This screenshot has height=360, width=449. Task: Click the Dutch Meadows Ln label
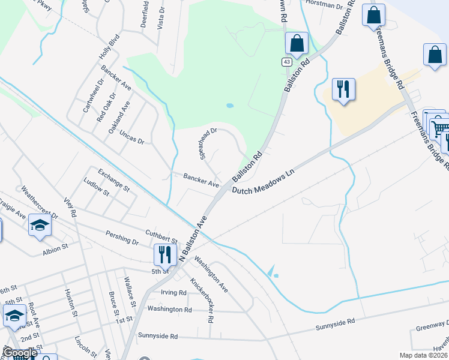[x=265, y=179]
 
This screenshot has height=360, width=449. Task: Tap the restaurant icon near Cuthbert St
[x=163, y=254]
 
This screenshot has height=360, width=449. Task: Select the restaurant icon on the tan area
[x=343, y=89]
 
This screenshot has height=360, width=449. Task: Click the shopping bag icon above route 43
[x=297, y=43]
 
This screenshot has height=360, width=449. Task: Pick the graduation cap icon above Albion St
[x=40, y=226]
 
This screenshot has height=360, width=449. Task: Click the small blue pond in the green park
[x=229, y=106]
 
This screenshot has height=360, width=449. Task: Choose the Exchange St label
[x=114, y=179]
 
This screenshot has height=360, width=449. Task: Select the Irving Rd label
[x=174, y=293]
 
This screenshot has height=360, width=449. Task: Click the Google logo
[x=20, y=353]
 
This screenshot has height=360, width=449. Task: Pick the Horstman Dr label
[x=323, y=5]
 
